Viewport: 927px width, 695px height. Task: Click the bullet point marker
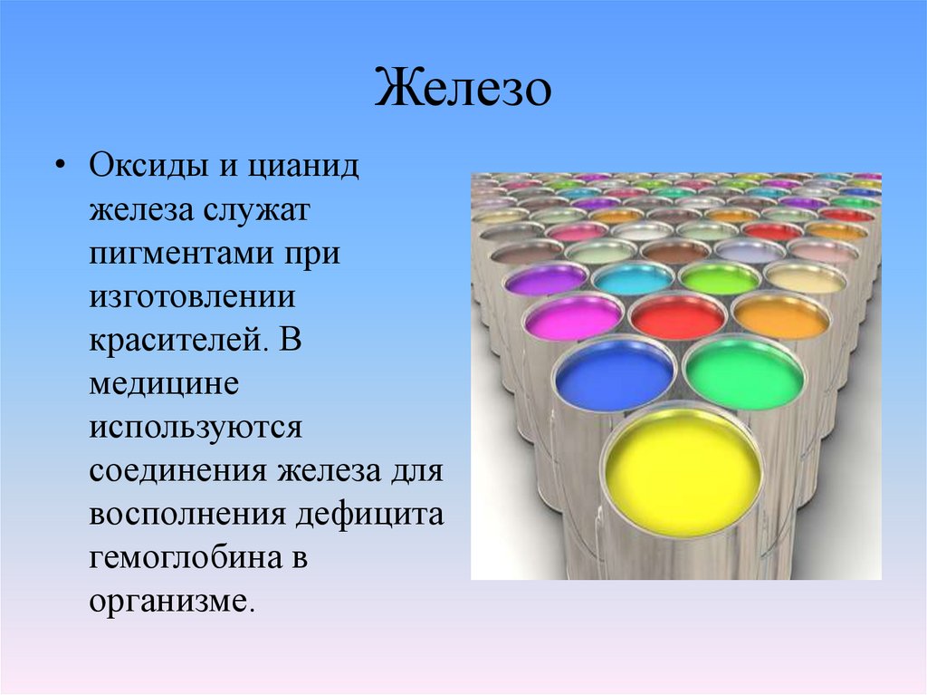[60, 169]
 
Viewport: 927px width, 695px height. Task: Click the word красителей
[167, 339]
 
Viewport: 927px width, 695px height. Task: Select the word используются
[196, 424]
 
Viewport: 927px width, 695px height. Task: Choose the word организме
[167, 600]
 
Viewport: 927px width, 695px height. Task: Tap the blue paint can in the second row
[615, 373]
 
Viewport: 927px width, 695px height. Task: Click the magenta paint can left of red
[573, 318]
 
